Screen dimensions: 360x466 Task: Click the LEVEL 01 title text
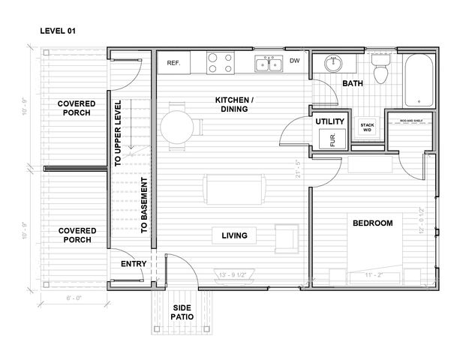[57, 31]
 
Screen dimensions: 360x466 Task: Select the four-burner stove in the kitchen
[218, 63]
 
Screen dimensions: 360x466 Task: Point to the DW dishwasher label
[295, 61]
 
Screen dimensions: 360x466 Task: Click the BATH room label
[353, 84]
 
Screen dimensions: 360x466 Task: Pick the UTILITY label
[329, 121]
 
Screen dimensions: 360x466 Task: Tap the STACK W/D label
[367, 127]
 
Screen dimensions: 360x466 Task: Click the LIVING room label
[234, 236]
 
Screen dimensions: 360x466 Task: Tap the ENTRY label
[134, 264]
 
